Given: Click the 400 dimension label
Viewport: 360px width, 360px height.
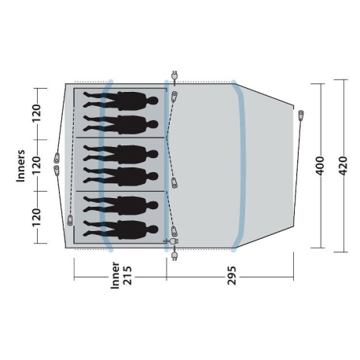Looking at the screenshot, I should pyautogui.click(x=319, y=165).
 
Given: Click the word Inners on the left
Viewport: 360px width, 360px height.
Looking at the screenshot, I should pyautogui.click(x=21, y=165).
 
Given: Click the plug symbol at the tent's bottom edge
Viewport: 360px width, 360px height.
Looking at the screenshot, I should pyautogui.click(x=172, y=254).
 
